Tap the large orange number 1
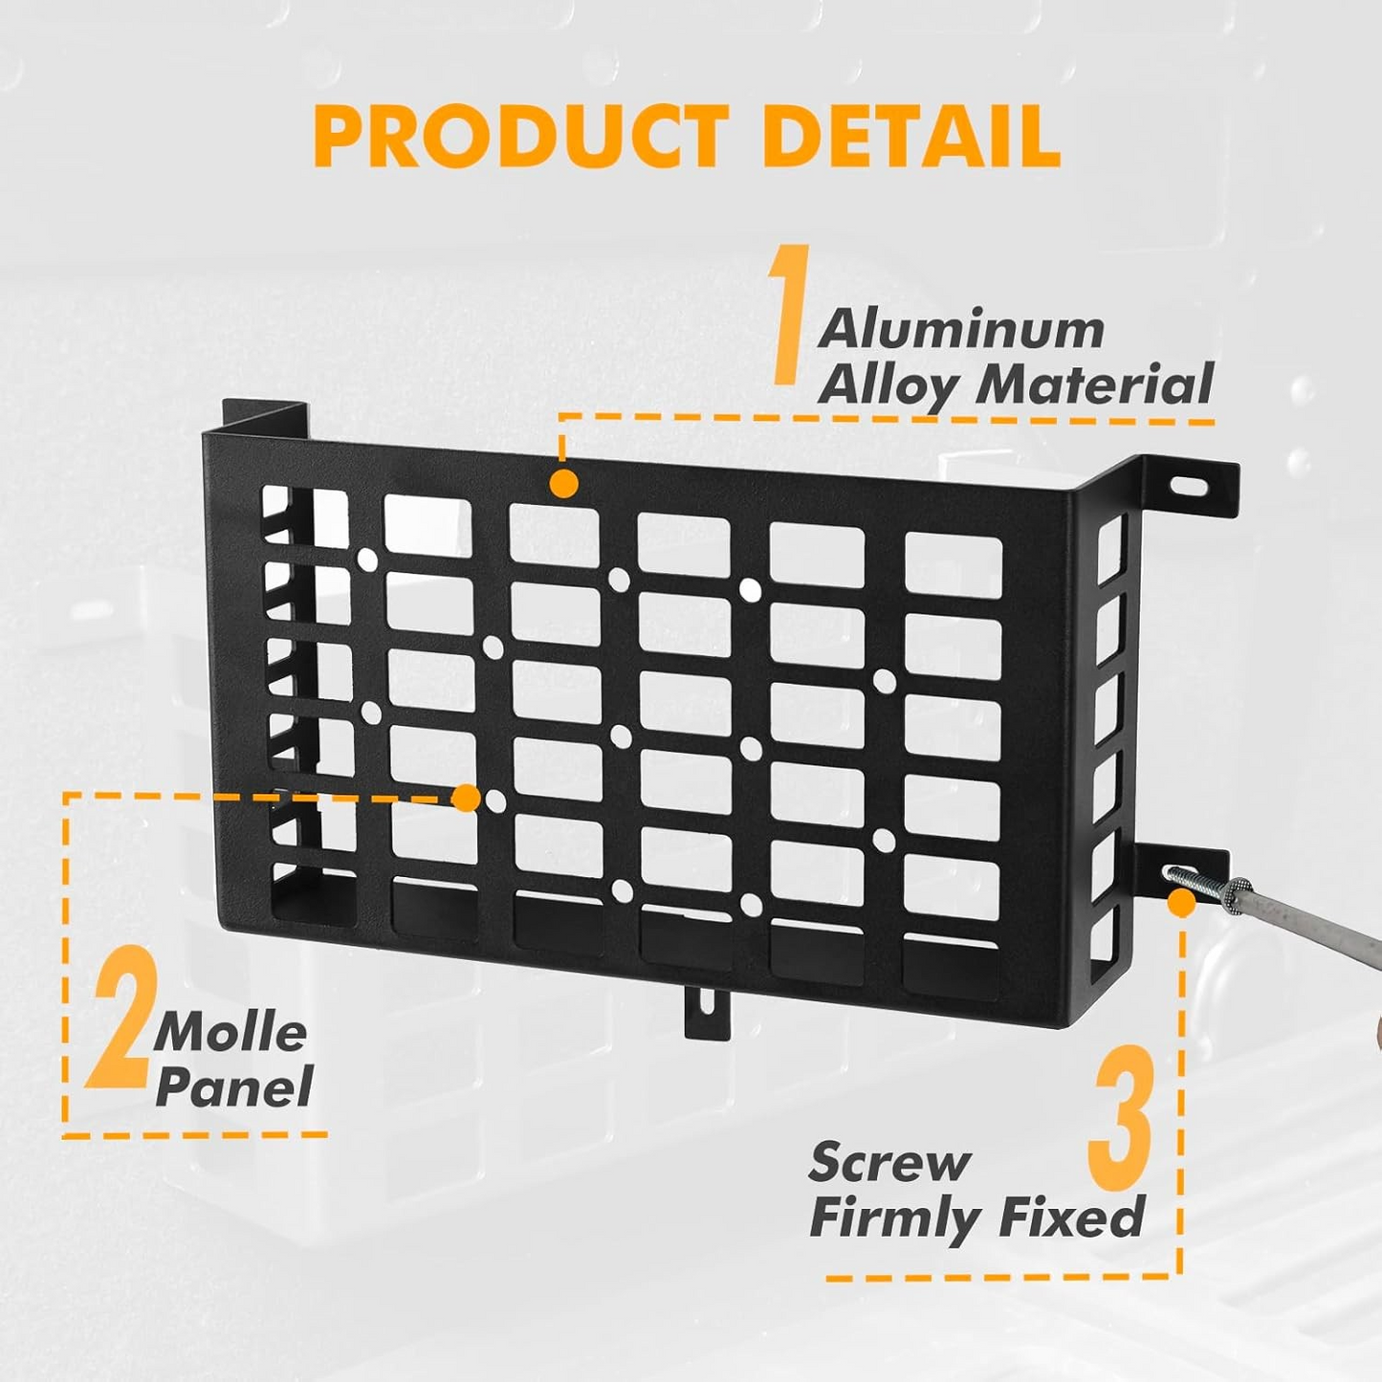click(x=791, y=316)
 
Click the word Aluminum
click(x=961, y=329)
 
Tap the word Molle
click(x=230, y=1034)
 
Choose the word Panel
click(x=234, y=1087)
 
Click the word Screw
click(x=889, y=1163)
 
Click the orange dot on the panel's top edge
click(x=564, y=483)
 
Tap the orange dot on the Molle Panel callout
click(x=466, y=798)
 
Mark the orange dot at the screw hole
click(x=1182, y=902)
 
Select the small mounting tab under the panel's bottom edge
click(x=707, y=1011)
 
